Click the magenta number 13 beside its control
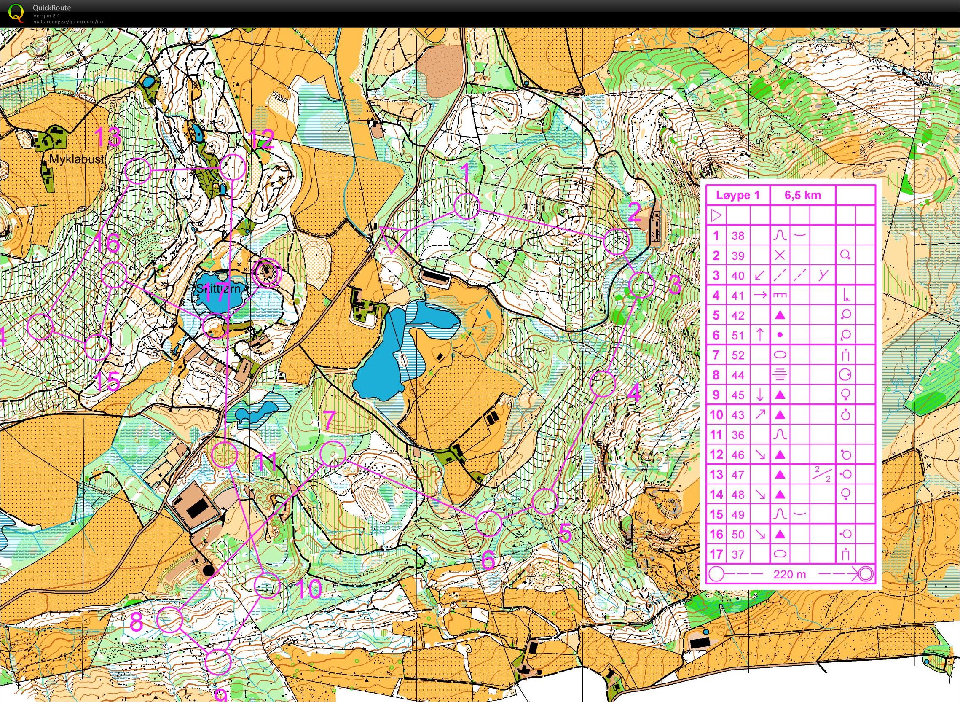108,138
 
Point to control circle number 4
602,384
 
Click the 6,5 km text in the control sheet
802,195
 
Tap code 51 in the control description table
738,335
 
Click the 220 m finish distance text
789,575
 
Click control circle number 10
267,585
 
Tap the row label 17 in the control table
716,554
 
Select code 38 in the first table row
738,235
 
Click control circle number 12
233,167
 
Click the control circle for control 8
170,620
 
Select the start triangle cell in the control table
716,216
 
